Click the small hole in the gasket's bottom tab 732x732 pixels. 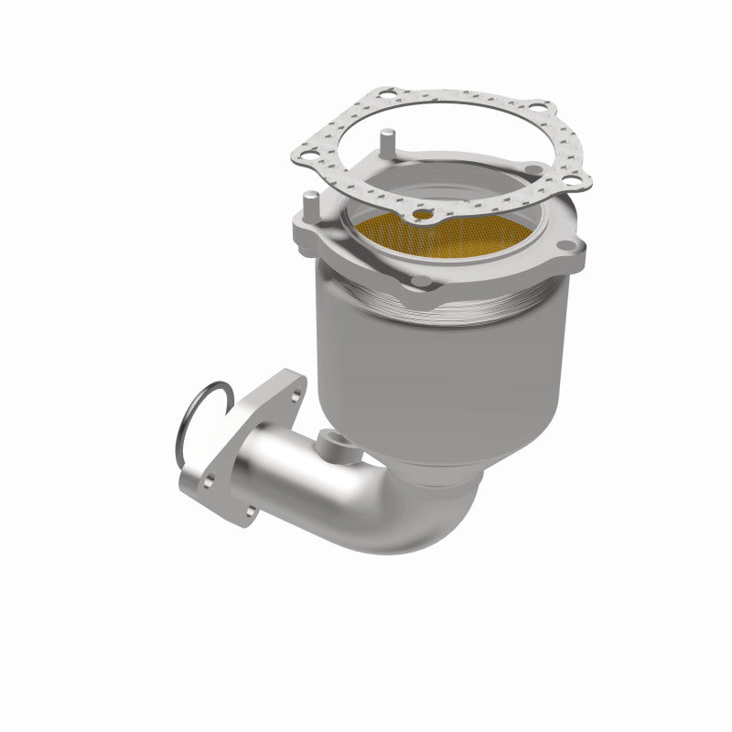point(423,215)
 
